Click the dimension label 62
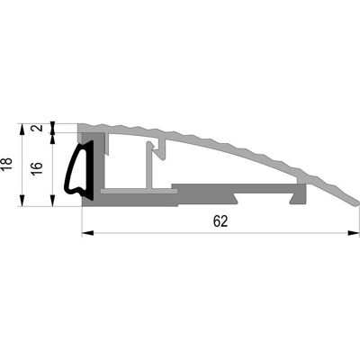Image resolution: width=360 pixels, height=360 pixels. point(220,221)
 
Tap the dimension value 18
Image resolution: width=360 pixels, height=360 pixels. point(6,164)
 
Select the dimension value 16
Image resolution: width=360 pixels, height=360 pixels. point(37,168)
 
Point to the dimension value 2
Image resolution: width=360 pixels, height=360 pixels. point(38,128)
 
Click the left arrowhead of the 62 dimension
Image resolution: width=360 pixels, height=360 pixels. point(88,233)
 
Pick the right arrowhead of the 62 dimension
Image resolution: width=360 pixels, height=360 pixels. point(353,233)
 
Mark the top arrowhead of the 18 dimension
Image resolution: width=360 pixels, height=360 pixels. point(22,130)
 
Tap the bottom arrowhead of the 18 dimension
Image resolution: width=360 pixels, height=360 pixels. point(22,200)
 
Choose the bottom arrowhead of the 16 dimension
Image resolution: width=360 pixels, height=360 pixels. point(52,200)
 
